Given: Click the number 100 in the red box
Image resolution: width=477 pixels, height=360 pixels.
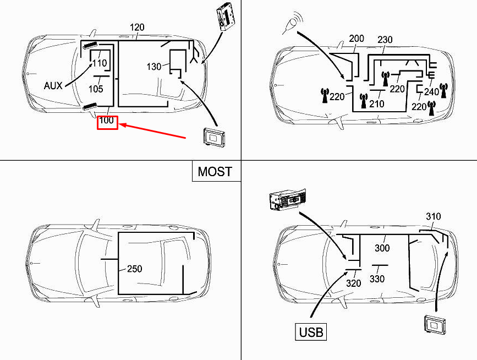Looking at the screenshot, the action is pyautogui.click(x=107, y=121).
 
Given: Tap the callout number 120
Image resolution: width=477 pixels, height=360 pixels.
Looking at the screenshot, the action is pyautogui.click(x=137, y=28).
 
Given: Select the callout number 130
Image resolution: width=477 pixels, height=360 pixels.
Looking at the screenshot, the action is pyautogui.click(x=153, y=67).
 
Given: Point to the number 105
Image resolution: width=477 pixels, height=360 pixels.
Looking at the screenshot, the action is pyautogui.click(x=96, y=89).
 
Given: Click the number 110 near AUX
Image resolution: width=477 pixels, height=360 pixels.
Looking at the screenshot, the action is pyautogui.click(x=100, y=63).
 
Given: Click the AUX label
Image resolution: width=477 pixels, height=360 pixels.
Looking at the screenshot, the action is pyautogui.click(x=53, y=86).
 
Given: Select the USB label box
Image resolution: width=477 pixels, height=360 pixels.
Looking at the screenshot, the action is pyautogui.click(x=311, y=332).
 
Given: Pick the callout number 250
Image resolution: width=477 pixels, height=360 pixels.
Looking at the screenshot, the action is pyautogui.click(x=134, y=269).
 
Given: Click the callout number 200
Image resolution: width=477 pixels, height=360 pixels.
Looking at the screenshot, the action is pyautogui.click(x=357, y=39).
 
